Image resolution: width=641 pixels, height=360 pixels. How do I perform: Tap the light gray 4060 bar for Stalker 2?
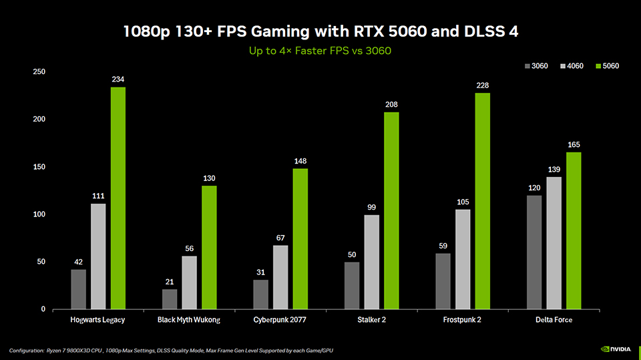(371, 262)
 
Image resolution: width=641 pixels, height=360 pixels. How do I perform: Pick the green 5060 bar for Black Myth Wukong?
(209, 248)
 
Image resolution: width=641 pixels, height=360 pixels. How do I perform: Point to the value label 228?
(482, 85)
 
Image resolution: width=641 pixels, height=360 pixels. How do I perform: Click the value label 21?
(170, 281)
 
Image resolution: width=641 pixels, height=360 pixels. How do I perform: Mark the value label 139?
(554, 170)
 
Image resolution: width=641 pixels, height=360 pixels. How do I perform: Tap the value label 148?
(300, 161)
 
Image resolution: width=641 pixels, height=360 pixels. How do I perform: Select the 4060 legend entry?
(572, 65)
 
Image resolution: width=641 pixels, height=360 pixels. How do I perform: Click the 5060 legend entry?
(608, 65)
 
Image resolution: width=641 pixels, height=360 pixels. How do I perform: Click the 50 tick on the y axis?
(41, 262)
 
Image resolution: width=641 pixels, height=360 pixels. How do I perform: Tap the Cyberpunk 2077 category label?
(280, 320)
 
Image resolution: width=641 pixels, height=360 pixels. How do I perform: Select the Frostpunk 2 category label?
(462, 320)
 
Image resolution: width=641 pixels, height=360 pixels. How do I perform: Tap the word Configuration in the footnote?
(26, 350)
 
